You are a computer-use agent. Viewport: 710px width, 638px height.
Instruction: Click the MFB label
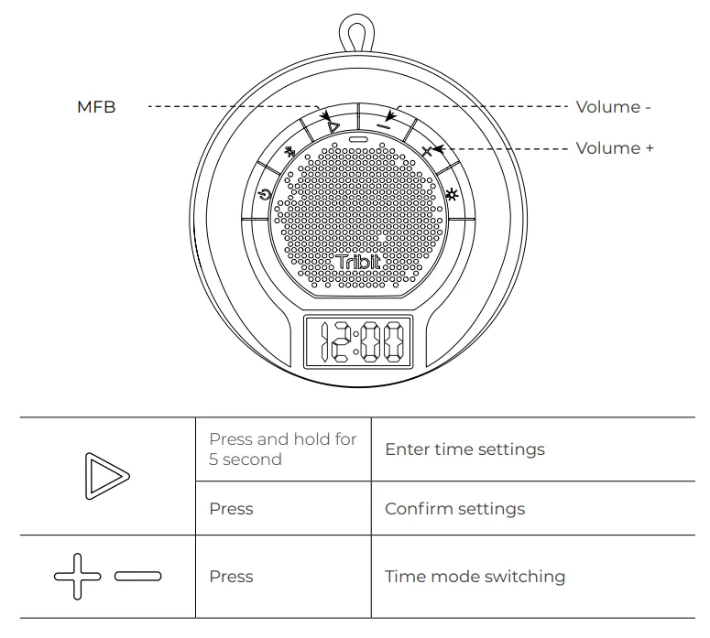point(96,107)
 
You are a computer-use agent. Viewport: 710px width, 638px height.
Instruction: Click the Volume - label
point(613,107)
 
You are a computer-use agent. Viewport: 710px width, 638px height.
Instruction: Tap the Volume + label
point(615,148)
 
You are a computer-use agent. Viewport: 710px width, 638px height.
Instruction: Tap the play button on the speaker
point(333,127)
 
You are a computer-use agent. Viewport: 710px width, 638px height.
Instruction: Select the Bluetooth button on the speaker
point(289,152)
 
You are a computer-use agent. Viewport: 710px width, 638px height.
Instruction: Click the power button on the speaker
point(265,195)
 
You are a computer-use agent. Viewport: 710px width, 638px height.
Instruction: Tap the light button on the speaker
point(452,195)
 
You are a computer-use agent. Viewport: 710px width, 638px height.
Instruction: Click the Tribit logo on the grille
point(358,263)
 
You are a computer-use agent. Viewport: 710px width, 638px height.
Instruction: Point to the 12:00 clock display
point(358,341)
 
